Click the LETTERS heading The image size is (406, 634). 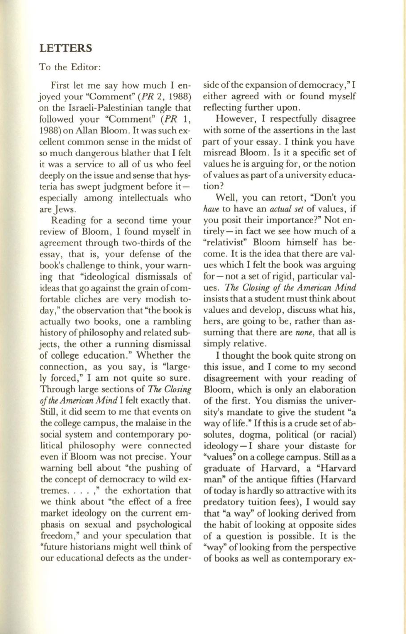click(65, 48)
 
